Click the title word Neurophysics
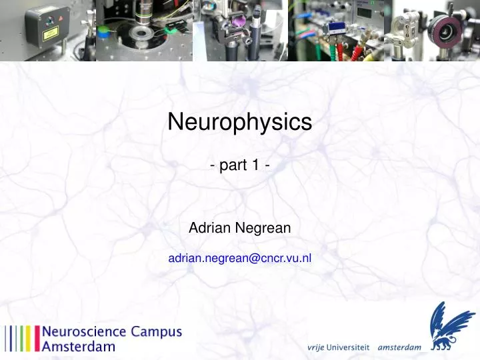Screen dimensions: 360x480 point(239,122)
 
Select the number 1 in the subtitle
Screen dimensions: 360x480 point(255,166)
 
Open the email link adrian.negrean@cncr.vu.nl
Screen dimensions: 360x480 point(239,257)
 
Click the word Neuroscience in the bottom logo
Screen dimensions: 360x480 point(84,331)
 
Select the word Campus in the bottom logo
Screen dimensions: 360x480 point(156,331)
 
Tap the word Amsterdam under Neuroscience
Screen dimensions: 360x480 point(79,346)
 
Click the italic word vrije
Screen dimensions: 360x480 point(319,347)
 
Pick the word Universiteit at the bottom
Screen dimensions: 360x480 point(351,347)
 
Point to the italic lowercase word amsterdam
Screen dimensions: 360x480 point(399,347)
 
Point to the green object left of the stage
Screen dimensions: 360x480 point(104,31)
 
